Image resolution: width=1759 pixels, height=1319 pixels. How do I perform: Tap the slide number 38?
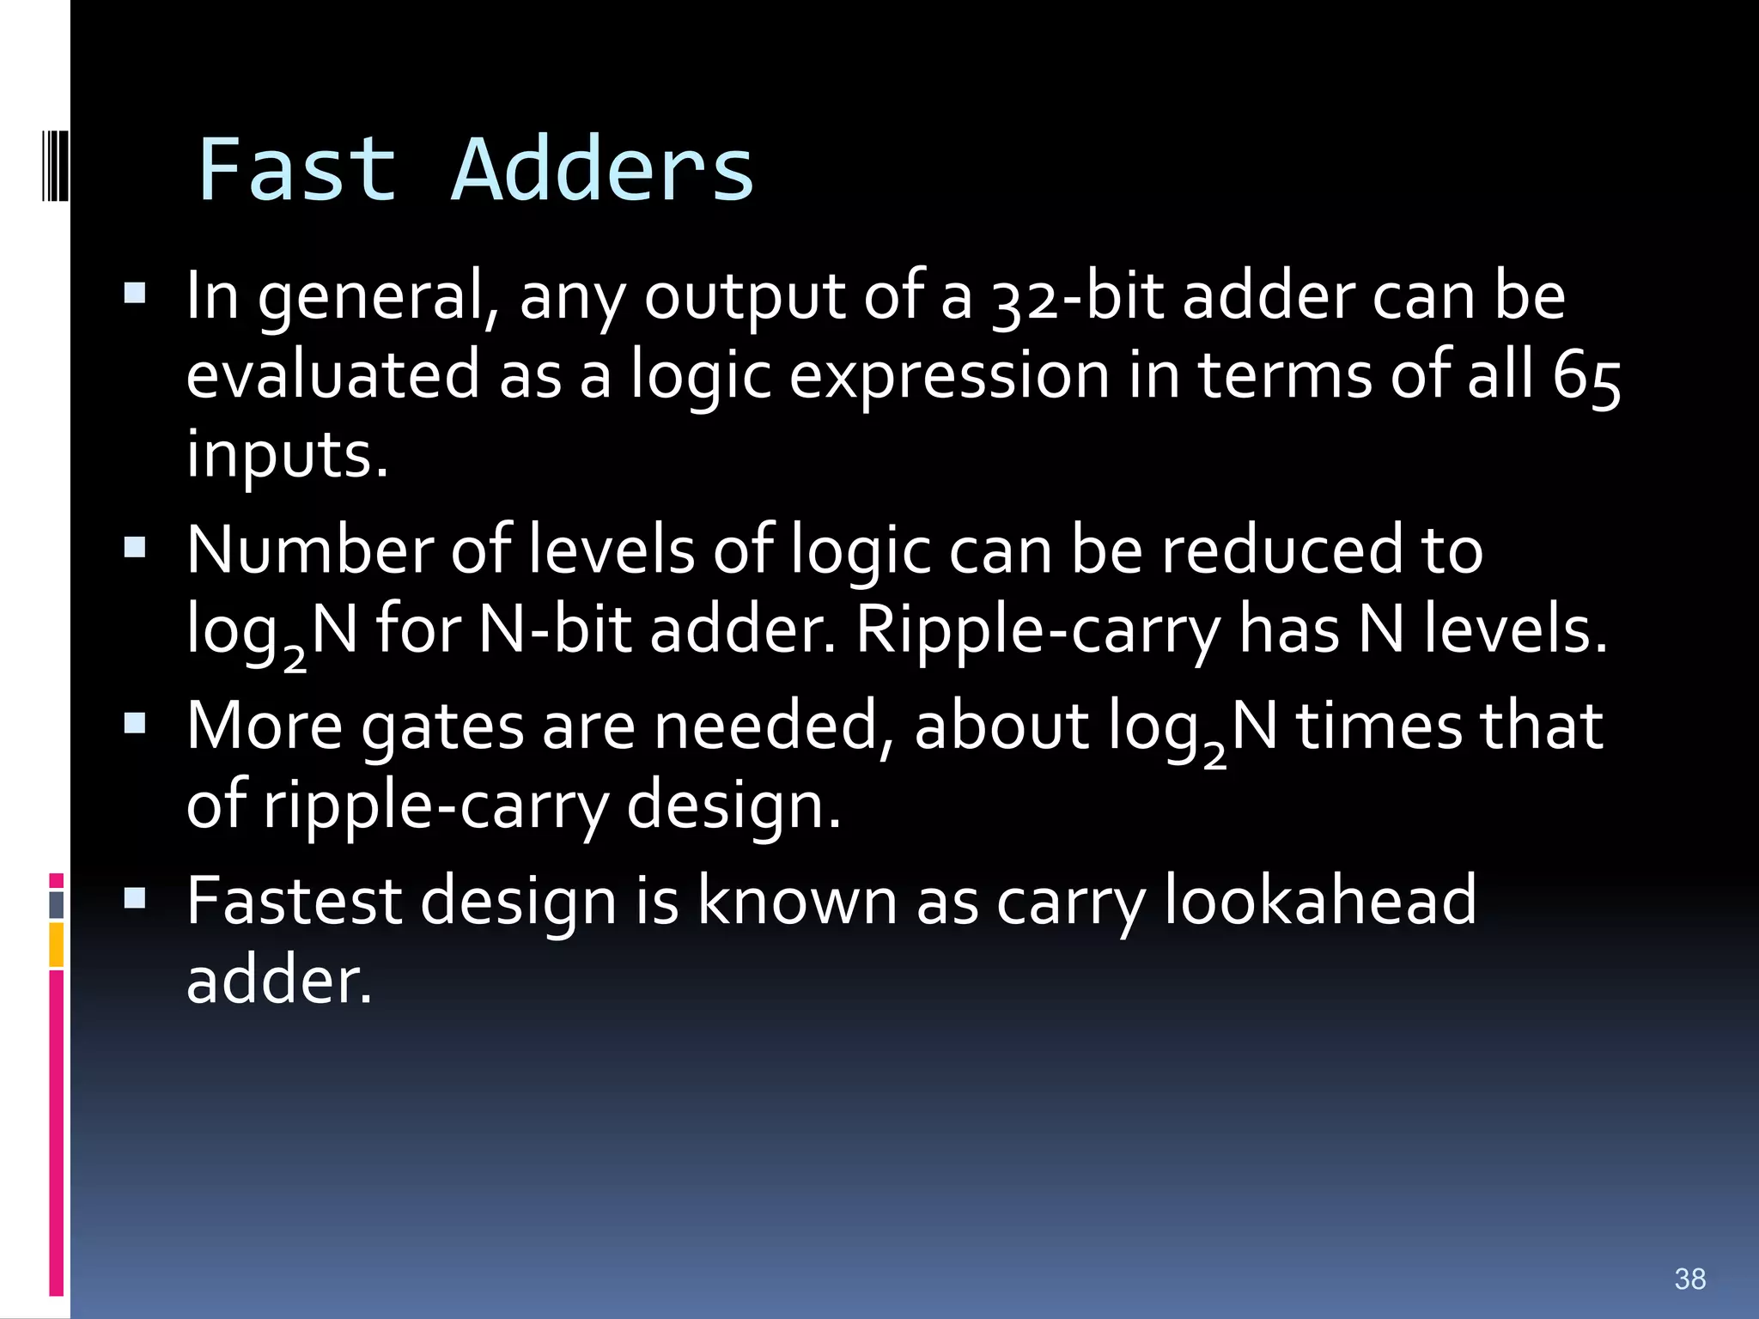[1689, 1279]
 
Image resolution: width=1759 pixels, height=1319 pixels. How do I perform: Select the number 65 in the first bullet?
[1586, 377]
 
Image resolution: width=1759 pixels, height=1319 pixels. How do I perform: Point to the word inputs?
[287, 455]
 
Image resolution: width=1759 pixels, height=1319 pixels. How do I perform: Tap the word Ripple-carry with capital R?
[1038, 629]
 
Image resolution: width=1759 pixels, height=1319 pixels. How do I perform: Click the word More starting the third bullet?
[265, 726]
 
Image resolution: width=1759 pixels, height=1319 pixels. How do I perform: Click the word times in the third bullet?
[1378, 726]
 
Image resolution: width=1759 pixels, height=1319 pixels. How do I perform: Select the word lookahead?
[1320, 901]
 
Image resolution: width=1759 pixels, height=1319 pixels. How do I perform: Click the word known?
[796, 901]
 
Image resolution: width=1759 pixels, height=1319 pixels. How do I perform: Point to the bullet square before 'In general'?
[135, 295]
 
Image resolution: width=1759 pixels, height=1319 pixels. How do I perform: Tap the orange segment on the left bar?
[56, 945]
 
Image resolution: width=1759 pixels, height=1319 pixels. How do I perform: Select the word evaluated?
[333, 375]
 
